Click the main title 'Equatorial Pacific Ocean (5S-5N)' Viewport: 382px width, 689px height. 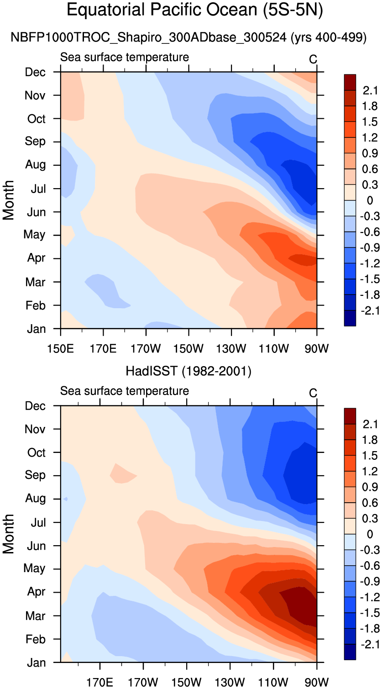(195, 10)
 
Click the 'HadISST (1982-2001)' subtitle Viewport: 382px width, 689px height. (188, 372)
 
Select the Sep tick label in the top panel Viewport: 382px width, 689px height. (36, 142)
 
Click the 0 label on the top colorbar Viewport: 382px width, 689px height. (370, 201)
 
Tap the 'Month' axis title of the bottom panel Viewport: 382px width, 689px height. (9, 534)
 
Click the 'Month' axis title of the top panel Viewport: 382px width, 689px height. (9, 200)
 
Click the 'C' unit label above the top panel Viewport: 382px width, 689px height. (313, 60)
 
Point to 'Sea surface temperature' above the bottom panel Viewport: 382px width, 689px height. (125, 391)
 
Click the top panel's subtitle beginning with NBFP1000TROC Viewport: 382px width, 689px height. (188, 38)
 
